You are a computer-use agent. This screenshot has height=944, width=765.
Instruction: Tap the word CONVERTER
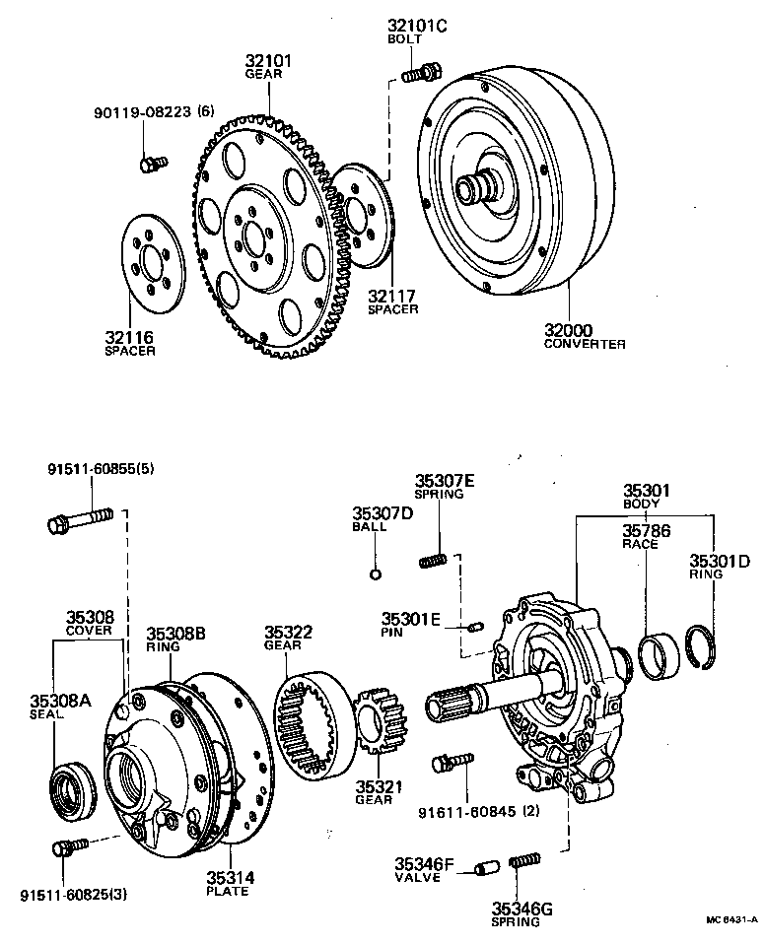tap(585, 344)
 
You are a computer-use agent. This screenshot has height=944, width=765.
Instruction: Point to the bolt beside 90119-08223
tap(152, 163)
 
